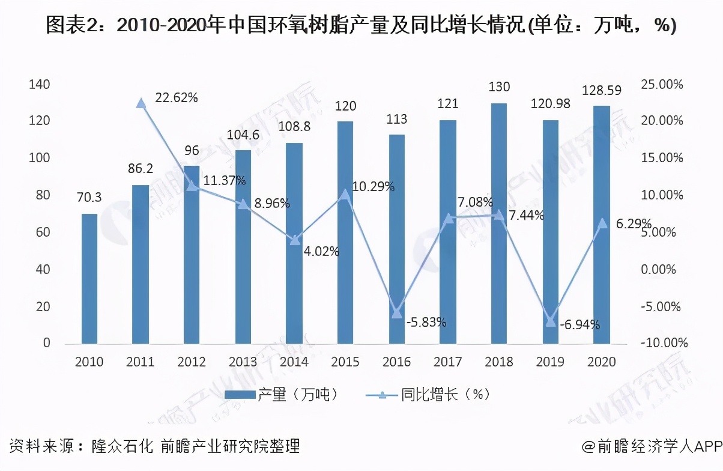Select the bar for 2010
(89, 279)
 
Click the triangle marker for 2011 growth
(141, 103)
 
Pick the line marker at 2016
(396, 312)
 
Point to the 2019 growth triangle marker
(550, 321)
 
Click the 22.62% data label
(176, 97)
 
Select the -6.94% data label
(579, 325)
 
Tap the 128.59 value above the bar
(602, 91)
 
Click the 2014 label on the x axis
(294, 362)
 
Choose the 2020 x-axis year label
(601, 362)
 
